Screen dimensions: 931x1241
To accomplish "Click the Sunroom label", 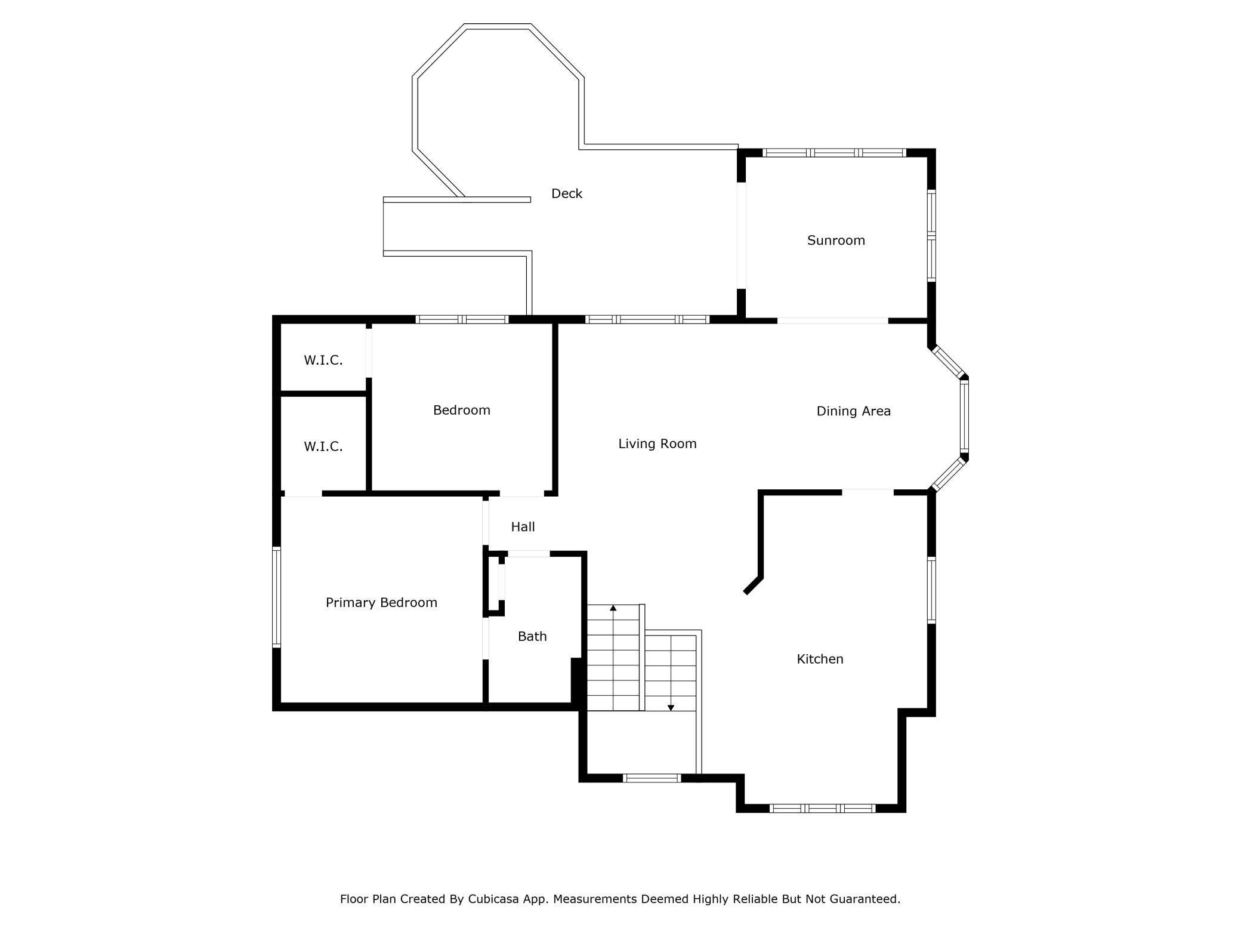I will tap(835, 241).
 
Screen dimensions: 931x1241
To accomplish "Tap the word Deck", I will tap(566, 193).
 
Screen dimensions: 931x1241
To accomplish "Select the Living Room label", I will tap(657, 443).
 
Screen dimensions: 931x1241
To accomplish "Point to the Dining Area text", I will tap(853, 411).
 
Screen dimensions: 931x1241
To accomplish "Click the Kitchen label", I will tap(820, 659).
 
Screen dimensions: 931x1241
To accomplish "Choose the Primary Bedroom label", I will tap(381, 603).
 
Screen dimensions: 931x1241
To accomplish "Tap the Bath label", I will tap(532, 636).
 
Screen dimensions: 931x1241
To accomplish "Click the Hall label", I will tap(523, 527).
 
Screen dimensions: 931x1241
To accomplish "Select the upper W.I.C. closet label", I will tap(323, 360).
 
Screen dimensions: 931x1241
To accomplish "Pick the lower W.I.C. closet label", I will tap(323, 446).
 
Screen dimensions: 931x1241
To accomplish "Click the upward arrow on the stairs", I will tap(613, 609).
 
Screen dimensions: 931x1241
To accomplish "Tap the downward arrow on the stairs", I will tap(671, 707).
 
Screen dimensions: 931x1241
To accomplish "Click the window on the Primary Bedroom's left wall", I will tap(276, 597).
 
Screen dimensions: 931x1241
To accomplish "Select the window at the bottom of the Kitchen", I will tap(822, 809).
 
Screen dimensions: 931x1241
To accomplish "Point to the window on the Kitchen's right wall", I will tap(931, 590).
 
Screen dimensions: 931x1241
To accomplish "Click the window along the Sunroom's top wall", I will tap(834, 153).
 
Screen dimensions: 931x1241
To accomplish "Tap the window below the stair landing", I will tap(652, 778).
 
